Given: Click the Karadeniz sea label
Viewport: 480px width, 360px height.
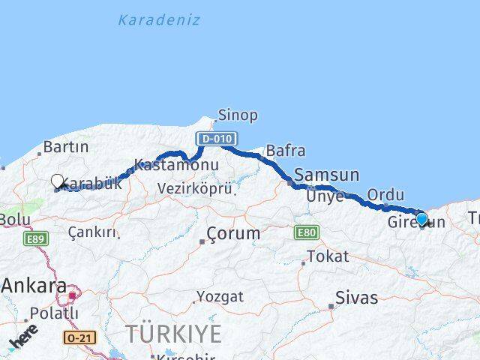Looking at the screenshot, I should tap(159, 20).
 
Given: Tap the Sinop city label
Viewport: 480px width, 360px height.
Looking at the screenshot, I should tap(237, 115).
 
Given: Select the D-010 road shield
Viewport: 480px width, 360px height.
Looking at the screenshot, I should tap(217, 139).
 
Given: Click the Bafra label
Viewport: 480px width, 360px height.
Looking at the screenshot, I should tap(285, 151).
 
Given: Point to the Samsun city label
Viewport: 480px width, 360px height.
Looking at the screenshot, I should tap(327, 175).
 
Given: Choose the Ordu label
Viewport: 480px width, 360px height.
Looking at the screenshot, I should tap(385, 195).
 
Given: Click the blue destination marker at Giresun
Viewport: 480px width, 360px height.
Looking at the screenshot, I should tap(422, 219).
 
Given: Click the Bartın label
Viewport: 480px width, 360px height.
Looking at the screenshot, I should tap(66, 147).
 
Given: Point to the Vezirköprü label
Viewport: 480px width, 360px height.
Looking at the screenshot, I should tap(195, 189).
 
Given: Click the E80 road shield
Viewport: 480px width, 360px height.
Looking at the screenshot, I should tap(305, 232).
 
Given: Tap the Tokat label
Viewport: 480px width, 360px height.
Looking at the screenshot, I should tap(328, 256).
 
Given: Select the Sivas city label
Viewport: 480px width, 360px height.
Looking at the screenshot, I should tap(357, 297).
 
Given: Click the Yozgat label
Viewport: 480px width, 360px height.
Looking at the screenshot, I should tap(220, 296).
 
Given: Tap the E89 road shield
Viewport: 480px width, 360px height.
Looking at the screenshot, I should tap(35, 239).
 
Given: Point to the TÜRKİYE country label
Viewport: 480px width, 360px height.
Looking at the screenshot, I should tap(173, 333).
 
